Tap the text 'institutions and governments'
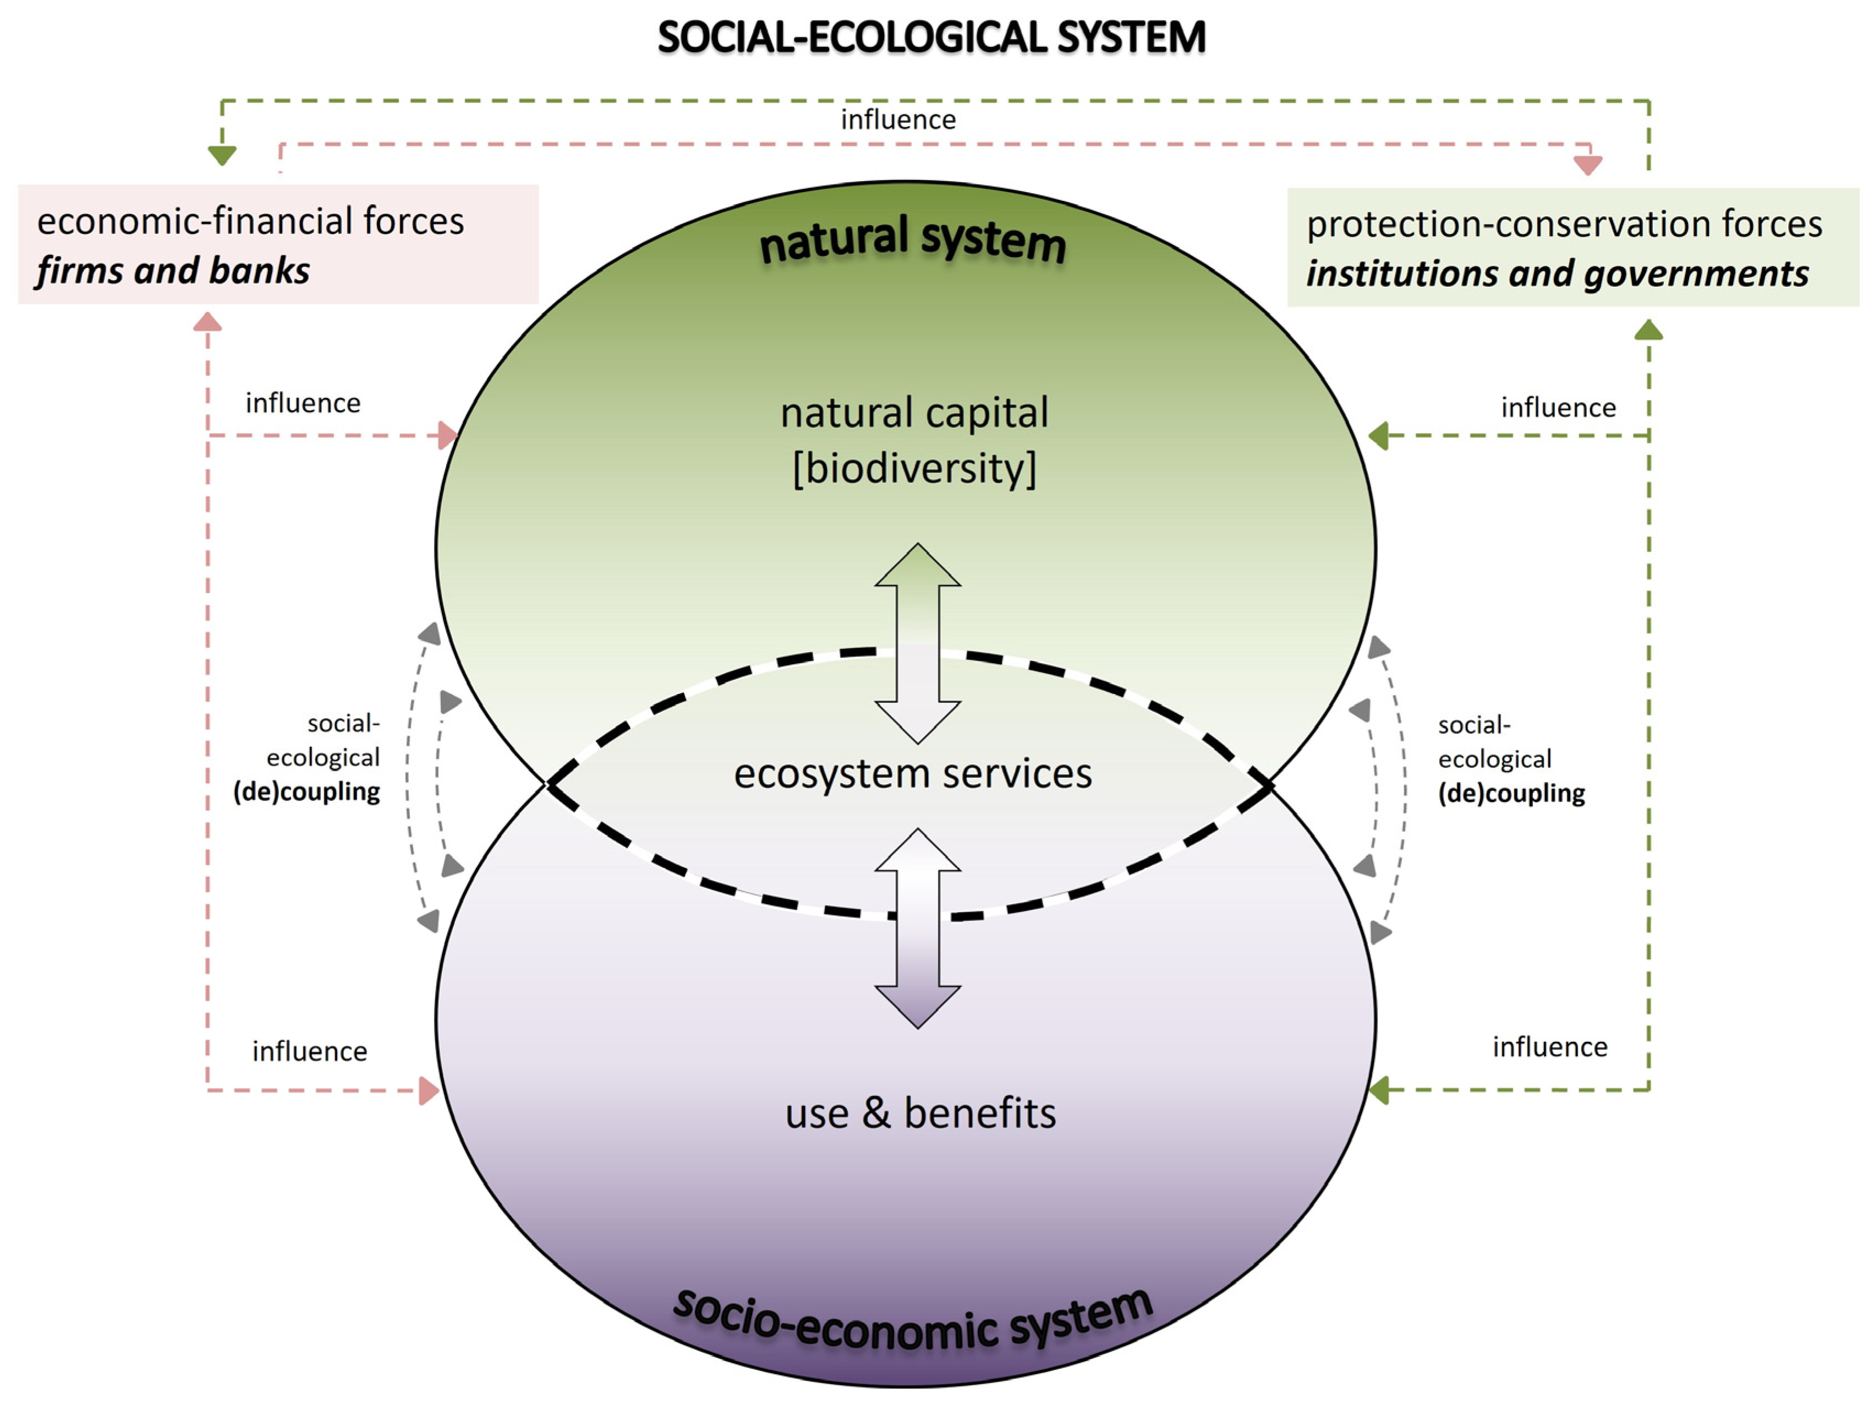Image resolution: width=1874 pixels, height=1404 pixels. tap(1557, 274)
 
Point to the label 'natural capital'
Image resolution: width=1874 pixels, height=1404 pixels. tap(914, 413)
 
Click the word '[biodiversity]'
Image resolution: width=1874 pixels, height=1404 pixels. tap(914, 468)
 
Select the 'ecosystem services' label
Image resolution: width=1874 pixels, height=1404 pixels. tap(912, 773)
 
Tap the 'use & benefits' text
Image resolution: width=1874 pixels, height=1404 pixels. tap(920, 1112)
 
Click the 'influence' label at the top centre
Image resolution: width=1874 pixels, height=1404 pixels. tap(898, 119)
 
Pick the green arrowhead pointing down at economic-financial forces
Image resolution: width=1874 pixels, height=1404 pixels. tap(222, 155)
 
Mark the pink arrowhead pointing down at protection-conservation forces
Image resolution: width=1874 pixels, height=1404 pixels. tap(1588, 165)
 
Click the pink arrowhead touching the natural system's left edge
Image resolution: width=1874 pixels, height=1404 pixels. tap(447, 435)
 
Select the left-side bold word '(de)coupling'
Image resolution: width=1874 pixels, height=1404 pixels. tap(306, 791)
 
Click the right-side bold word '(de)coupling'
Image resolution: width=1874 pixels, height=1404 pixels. tap(1511, 793)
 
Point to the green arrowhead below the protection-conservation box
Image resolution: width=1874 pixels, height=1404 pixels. tap(1648, 330)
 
